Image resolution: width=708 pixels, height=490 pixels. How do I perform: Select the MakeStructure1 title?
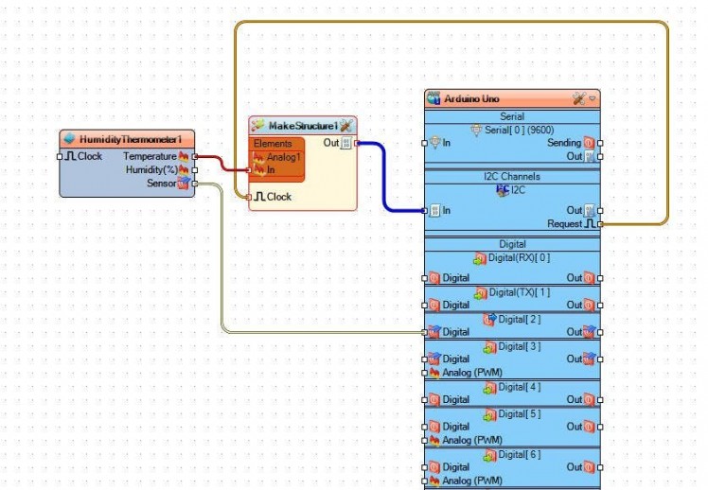[303, 125]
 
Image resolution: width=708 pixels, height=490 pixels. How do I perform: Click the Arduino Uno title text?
[471, 98]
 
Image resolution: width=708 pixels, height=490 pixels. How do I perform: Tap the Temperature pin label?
[150, 156]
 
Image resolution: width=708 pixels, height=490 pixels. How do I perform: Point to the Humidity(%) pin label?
[150, 169]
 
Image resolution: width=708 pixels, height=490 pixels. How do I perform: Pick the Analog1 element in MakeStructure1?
[283, 157]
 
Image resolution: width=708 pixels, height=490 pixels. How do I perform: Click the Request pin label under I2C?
[564, 224]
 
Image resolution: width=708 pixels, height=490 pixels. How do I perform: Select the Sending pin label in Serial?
[564, 143]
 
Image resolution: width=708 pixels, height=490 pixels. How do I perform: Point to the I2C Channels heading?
[512, 176]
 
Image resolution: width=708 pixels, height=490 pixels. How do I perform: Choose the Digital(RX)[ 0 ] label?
[518, 257]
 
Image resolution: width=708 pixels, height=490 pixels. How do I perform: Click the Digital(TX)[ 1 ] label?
[518, 292]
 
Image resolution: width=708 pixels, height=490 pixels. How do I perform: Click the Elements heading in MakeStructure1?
[273, 144]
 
